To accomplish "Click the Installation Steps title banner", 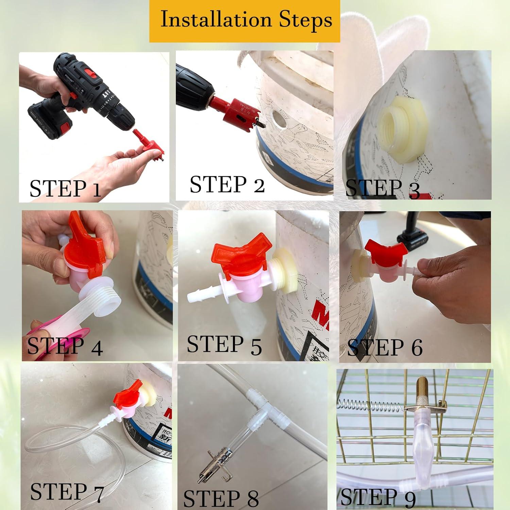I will tap(245, 20).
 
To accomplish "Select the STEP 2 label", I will tap(227, 185).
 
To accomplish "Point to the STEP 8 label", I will tap(221, 498).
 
